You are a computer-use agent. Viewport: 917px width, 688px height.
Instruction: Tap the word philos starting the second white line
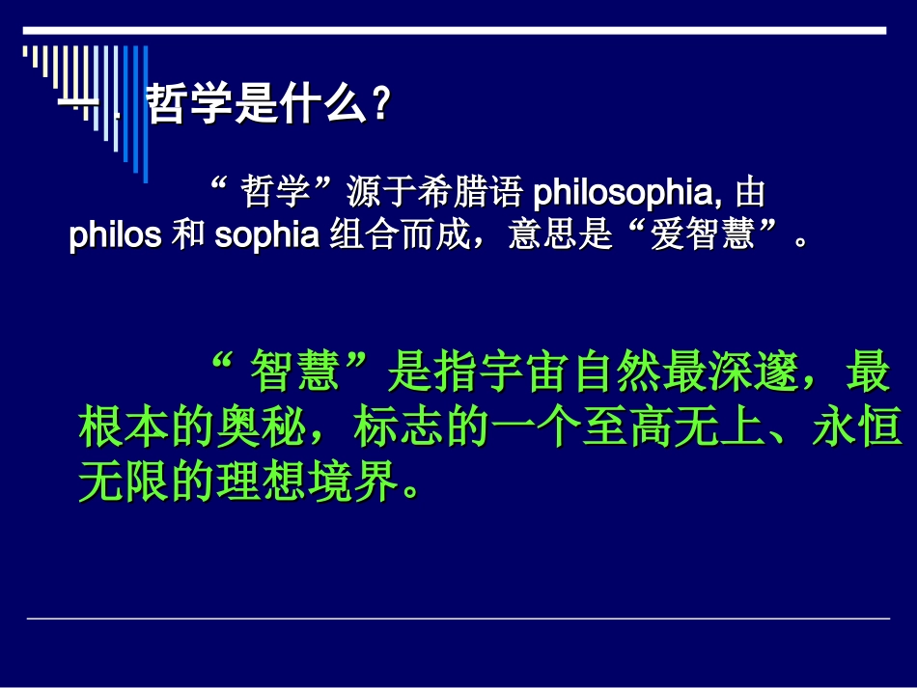(x=115, y=235)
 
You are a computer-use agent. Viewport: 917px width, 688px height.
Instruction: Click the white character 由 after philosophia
(x=750, y=193)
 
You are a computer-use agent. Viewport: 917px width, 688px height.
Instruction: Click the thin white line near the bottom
(x=458, y=619)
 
